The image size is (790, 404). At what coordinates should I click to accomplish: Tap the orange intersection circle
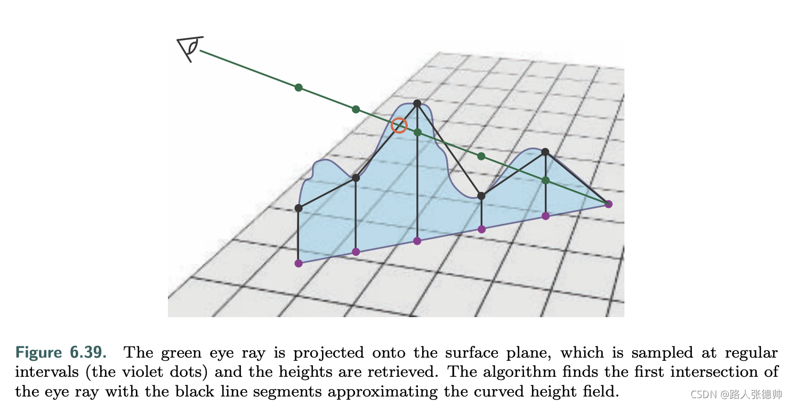[399, 126]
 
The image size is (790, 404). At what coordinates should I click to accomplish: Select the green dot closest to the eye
[299, 87]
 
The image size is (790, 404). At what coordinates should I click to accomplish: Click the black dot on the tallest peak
[417, 103]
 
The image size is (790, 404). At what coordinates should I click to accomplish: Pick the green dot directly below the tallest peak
[417, 132]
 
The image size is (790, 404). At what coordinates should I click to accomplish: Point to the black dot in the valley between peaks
[481, 196]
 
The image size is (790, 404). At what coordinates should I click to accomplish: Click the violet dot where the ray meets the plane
[609, 204]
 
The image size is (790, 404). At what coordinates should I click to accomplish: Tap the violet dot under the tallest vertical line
[417, 241]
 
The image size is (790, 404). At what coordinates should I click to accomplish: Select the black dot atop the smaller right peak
[545, 152]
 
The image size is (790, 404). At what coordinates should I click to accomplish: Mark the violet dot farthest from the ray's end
[299, 263]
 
